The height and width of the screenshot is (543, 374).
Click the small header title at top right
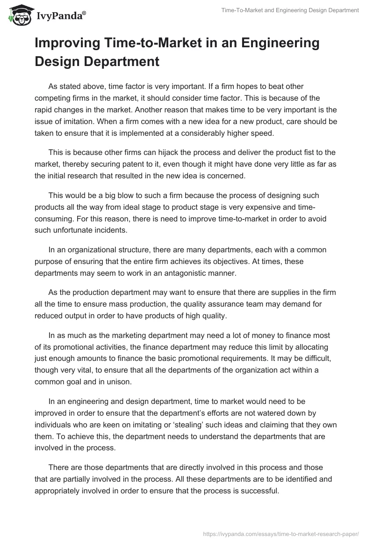point(290,10)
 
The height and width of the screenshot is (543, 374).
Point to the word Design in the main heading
point(57,61)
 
